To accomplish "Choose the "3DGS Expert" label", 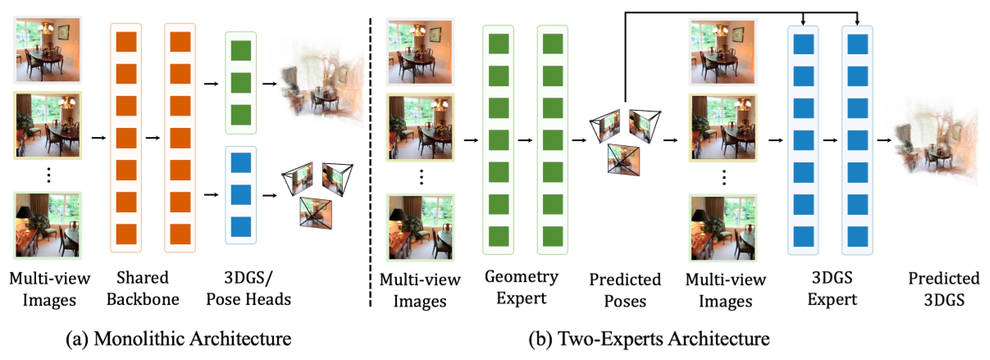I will pyautogui.click(x=830, y=289).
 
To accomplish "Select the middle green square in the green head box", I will pyautogui.click(x=240, y=83).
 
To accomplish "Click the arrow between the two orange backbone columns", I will pyautogui.click(x=152, y=139).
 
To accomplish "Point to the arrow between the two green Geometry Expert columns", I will pyautogui.click(x=524, y=139).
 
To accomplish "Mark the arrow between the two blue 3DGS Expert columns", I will pyautogui.click(x=829, y=139).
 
